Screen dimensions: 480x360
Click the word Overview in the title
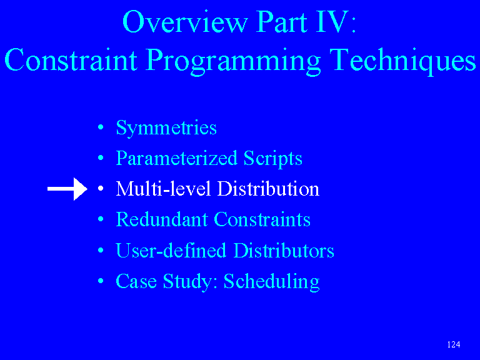[185, 22]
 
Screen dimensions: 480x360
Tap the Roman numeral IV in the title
[332, 21]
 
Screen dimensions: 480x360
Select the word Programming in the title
[233, 61]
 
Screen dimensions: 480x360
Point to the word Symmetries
[166, 128]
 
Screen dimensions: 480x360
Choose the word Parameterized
[177, 159]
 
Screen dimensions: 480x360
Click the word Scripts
[272, 159]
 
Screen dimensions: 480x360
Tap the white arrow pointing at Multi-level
[67, 189]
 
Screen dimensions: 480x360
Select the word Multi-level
[163, 188]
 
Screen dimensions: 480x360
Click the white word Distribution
[268, 188]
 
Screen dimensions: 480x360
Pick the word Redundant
[162, 219]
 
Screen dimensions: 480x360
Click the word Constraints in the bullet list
[262, 219]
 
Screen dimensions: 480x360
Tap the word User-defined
[171, 250]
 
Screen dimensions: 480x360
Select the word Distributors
[284, 250]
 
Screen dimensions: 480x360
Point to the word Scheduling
[271, 282]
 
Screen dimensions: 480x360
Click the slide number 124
[453, 345]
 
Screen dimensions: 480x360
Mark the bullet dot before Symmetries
[101, 127]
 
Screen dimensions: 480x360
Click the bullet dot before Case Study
[101, 281]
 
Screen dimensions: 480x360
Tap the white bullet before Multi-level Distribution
[101, 189]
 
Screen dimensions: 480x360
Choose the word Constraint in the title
[71, 60]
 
